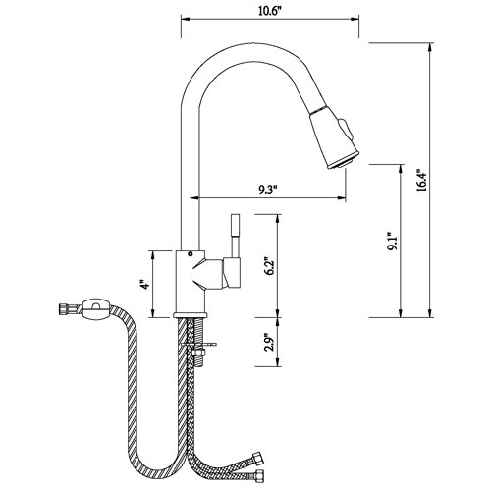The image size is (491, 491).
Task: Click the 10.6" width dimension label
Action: click(267, 10)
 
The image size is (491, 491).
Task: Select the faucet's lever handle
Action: click(235, 235)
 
